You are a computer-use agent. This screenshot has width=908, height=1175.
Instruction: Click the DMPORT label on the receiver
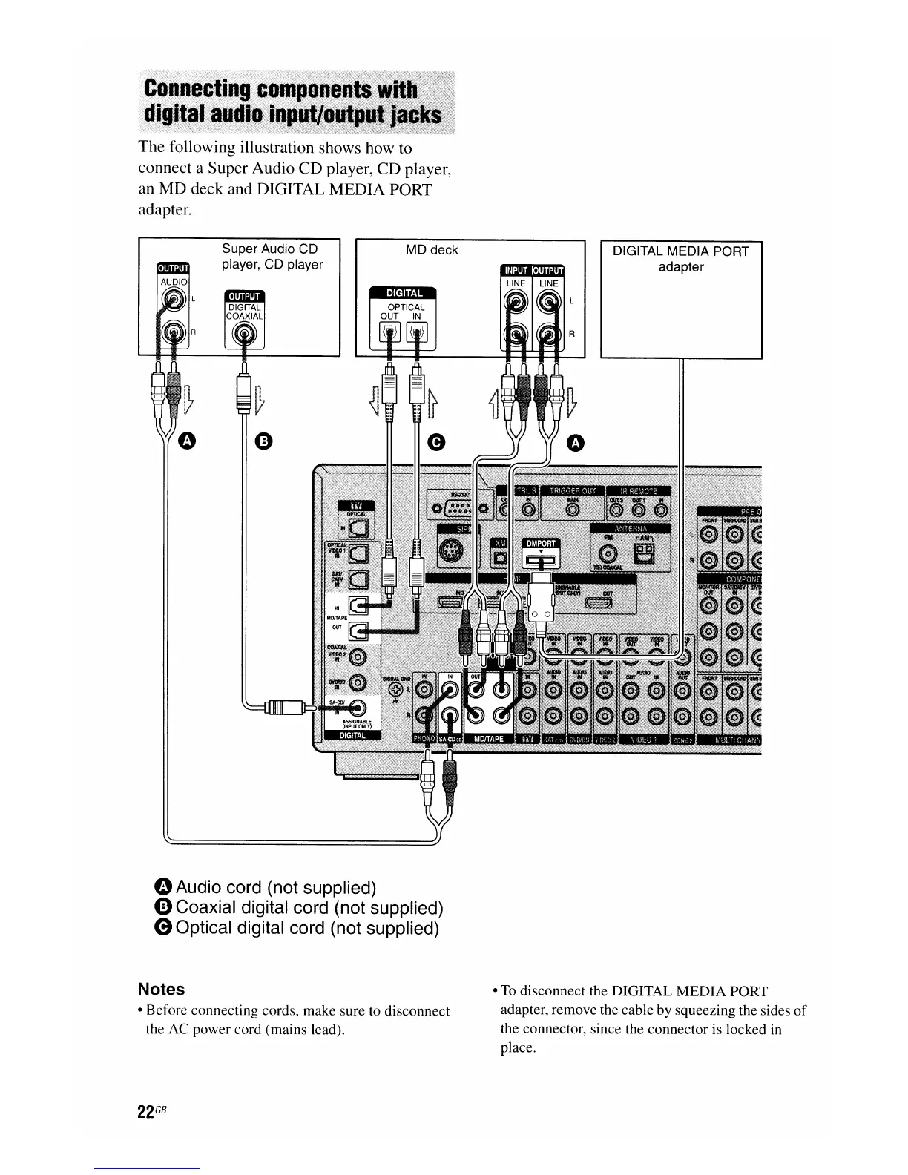542,543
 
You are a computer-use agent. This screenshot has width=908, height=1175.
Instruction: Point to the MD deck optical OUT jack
388,335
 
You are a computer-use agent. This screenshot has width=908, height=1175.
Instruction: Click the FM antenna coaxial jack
608,553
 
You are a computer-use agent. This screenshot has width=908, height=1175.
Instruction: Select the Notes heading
161,989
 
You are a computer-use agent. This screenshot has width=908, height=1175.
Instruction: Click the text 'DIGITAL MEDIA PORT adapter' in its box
680,259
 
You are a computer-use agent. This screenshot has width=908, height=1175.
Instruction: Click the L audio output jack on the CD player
173,298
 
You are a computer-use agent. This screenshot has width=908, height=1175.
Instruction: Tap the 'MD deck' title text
432,250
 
